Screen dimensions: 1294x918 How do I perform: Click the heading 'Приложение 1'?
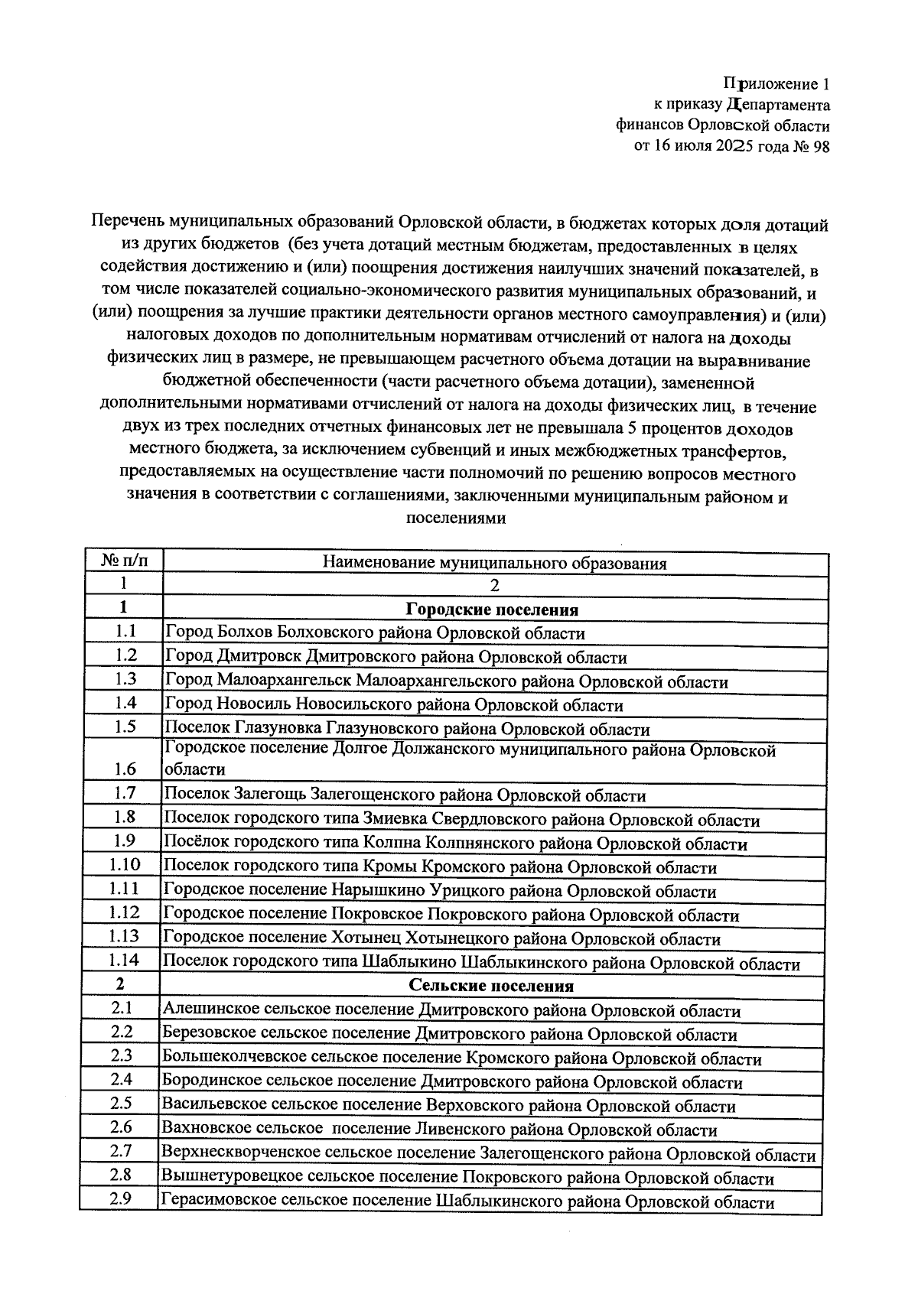pos(776,83)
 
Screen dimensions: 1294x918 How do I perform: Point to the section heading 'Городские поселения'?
pos(491,610)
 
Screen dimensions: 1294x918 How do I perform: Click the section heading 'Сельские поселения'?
pos(491,985)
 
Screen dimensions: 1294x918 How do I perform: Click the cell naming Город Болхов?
pos(375,633)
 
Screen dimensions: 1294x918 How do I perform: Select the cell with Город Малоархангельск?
pos(446,681)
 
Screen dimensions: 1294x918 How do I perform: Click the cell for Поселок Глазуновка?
pos(407,729)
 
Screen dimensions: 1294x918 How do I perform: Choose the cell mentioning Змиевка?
pos(462,820)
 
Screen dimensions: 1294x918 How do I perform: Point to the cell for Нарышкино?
pos(440,891)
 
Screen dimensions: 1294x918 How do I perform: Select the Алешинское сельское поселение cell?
pos(451,1011)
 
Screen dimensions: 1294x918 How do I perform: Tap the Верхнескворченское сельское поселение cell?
pos(488,1154)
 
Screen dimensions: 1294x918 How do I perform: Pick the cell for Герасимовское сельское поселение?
pos(466,1201)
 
